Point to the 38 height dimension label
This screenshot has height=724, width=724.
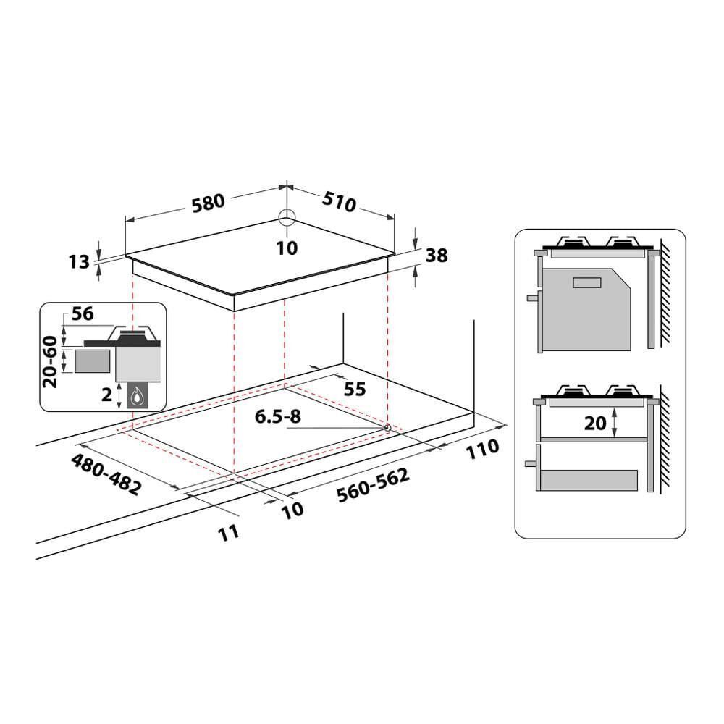coord(437,255)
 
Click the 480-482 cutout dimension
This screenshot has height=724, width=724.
coord(106,475)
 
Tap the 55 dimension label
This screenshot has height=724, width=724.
coord(355,389)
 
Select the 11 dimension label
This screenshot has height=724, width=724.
coord(228,533)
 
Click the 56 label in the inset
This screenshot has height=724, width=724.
coord(83,314)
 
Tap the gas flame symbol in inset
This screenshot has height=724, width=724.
coord(137,395)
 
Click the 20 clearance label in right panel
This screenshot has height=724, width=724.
coord(595,423)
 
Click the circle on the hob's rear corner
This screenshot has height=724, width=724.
coord(287,218)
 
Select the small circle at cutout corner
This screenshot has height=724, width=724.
coord(388,428)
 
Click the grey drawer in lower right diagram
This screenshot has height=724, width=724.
coord(589,480)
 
